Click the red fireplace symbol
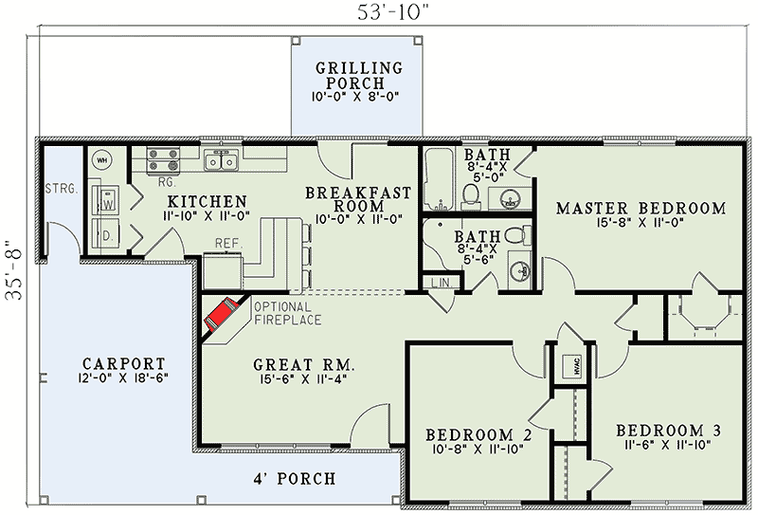(x=222, y=314)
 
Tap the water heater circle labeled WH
(x=102, y=159)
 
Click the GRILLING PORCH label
(x=359, y=75)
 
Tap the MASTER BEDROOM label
(x=641, y=208)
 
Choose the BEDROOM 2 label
(x=478, y=434)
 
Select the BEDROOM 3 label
(x=669, y=431)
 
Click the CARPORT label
(x=124, y=363)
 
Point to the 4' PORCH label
(x=295, y=479)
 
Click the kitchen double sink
(x=221, y=160)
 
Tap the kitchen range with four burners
(x=163, y=160)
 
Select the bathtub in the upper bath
(x=439, y=179)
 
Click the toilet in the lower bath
(x=518, y=236)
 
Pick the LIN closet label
(x=441, y=283)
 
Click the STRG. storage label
(x=62, y=190)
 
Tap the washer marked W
(x=107, y=200)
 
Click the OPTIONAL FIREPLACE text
(x=287, y=313)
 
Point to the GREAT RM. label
(x=304, y=363)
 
